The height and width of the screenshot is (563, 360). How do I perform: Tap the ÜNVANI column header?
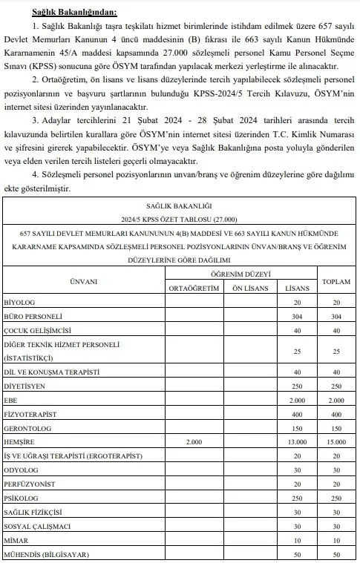coord(83,281)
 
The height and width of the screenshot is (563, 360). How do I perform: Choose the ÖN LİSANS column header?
coord(248,288)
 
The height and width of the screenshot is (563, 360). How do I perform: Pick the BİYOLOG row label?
coord(23,303)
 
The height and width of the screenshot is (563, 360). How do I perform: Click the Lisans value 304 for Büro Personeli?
coord(296,316)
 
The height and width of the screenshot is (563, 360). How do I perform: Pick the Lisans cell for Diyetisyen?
coord(296,386)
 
